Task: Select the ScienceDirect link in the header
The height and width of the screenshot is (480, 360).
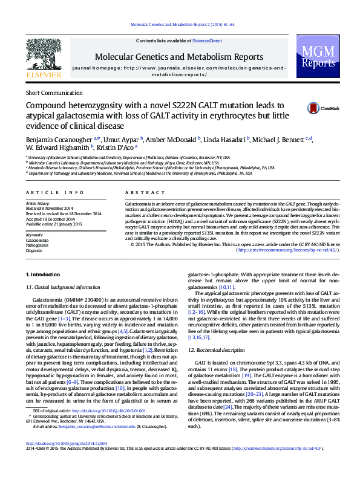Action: point(208,41)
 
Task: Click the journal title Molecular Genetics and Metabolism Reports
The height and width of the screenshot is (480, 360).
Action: point(179,56)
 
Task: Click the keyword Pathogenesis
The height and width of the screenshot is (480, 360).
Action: point(38,245)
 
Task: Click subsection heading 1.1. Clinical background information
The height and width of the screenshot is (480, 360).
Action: point(66,287)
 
